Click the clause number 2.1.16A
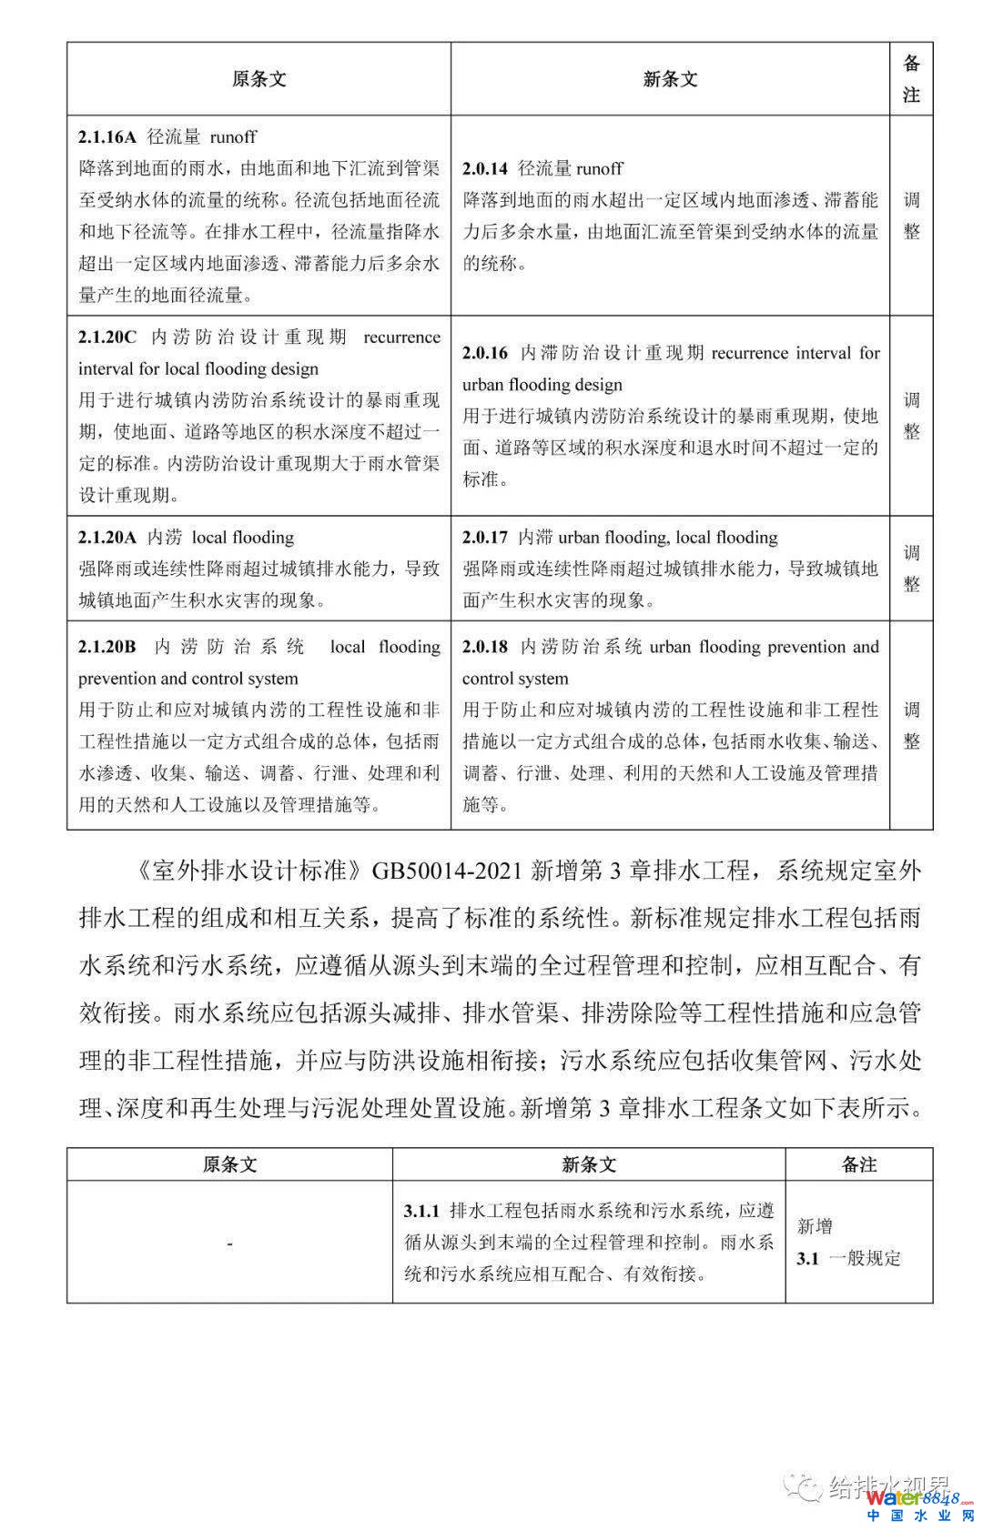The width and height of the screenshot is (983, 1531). (106, 137)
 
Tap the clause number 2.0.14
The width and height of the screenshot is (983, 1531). (484, 168)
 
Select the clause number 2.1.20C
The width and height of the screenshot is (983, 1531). (107, 337)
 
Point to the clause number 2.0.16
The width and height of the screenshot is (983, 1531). (484, 353)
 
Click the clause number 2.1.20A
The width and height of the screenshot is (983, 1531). (106, 538)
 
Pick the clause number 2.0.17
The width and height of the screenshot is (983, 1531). (484, 538)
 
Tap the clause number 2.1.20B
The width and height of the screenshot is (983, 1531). (106, 647)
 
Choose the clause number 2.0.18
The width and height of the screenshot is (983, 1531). (484, 647)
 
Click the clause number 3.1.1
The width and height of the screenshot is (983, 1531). (421, 1211)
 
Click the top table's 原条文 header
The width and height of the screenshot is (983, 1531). (258, 79)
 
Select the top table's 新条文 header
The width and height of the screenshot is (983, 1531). (670, 79)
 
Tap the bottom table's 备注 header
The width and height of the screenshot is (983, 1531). (858, 1164)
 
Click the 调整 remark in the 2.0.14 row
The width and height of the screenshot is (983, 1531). (911, 216)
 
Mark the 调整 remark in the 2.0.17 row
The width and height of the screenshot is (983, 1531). (911, 569)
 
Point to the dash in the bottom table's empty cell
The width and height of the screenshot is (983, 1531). (229, 1243)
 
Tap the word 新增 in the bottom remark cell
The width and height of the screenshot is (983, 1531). (815, 1227)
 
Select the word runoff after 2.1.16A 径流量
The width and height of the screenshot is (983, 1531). (233, 137)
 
